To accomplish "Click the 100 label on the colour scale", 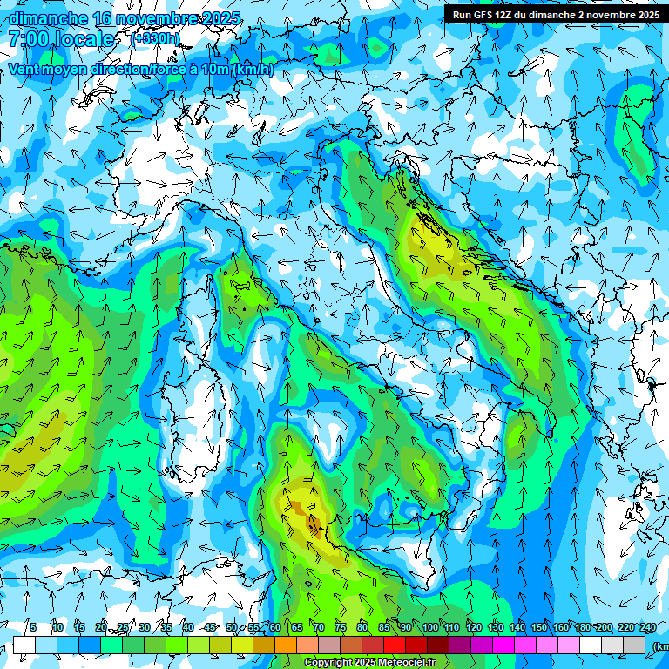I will pos(429,627).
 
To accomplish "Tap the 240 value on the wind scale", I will pos(647,627).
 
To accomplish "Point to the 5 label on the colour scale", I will pos(33,627).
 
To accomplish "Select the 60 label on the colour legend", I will pos(274,627).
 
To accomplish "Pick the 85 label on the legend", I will pos(384,627).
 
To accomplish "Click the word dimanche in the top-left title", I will pos(44,19).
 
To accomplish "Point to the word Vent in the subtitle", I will pos(24,70).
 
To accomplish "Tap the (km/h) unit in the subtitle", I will pos(253,70).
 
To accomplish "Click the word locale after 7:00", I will pos(84,39).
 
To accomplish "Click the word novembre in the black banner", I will pos(610,15).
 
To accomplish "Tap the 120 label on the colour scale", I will pos(473,627).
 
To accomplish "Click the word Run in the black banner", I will pos(462,15).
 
